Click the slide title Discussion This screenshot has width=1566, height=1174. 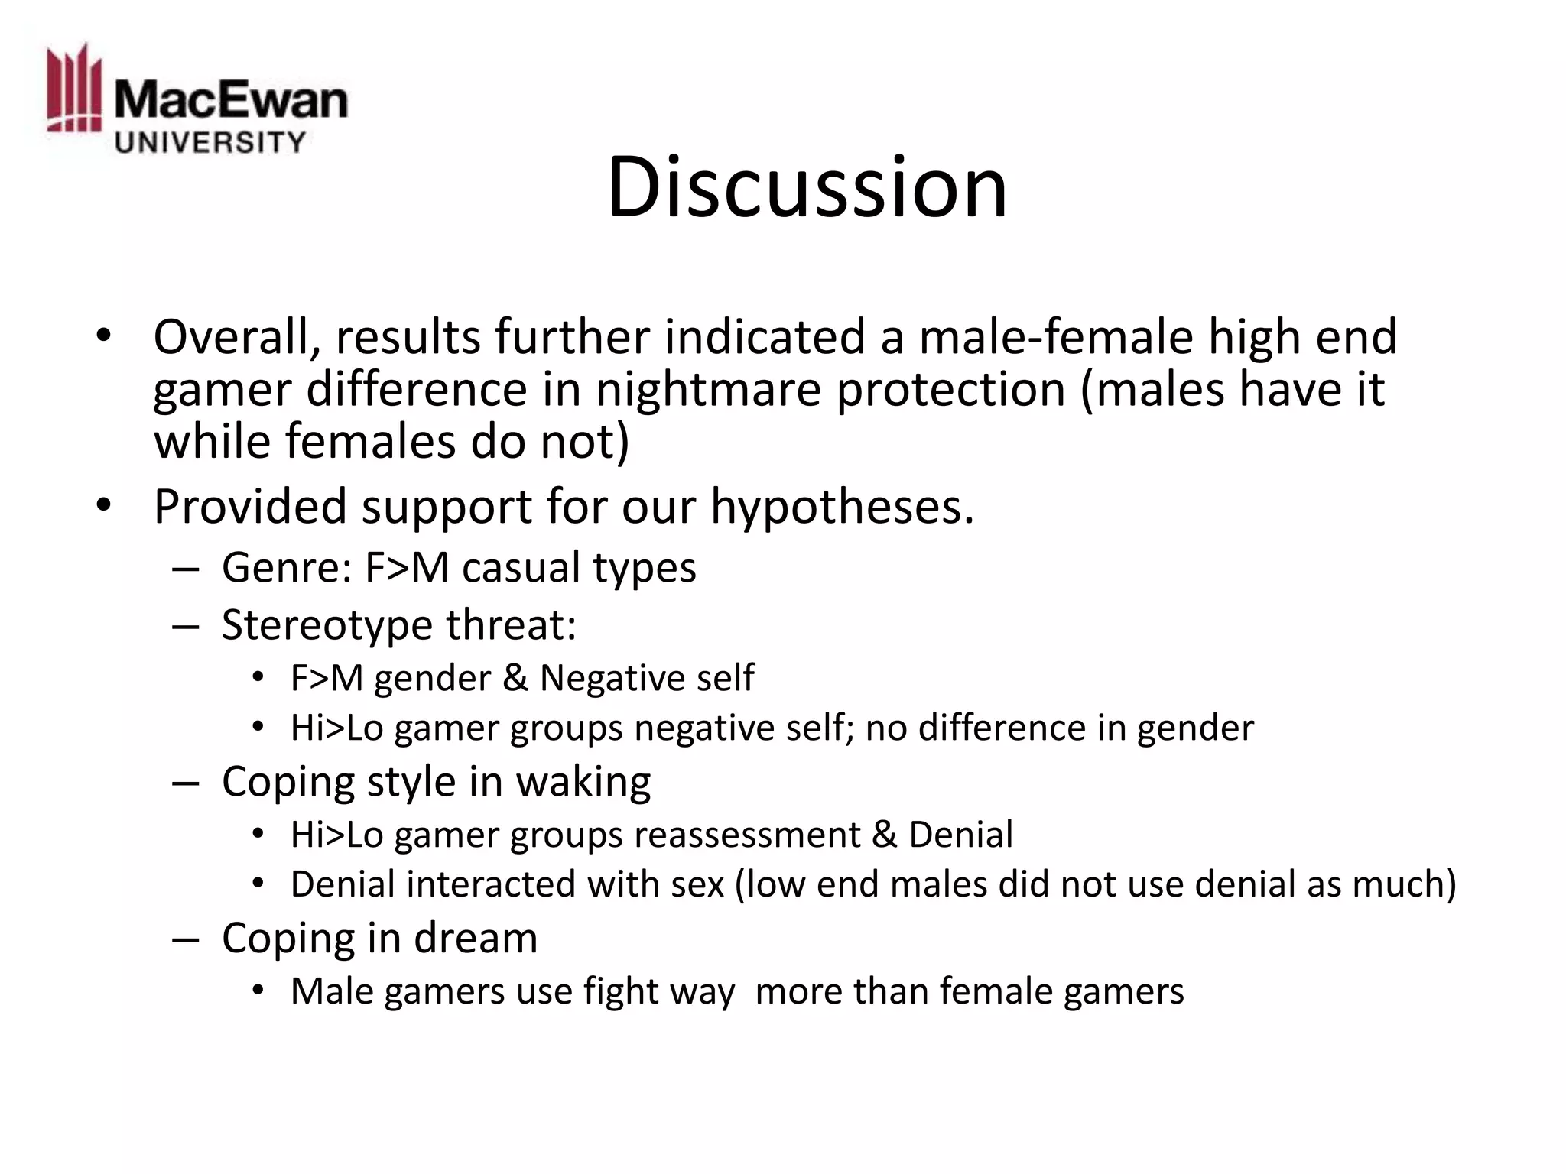pyautogui.click(x=807, y=187)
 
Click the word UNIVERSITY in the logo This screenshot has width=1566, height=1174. pyautogui.click(x=210, y=142)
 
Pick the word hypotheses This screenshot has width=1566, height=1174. pyautogui.click(x=842, y=507)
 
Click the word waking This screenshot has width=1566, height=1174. pyautogui.click(x=583, y=782)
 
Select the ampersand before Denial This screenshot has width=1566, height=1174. pyautogui.click(x=884, y=835)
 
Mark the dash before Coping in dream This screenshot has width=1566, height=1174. pyautogui.click(x=186, y=939)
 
